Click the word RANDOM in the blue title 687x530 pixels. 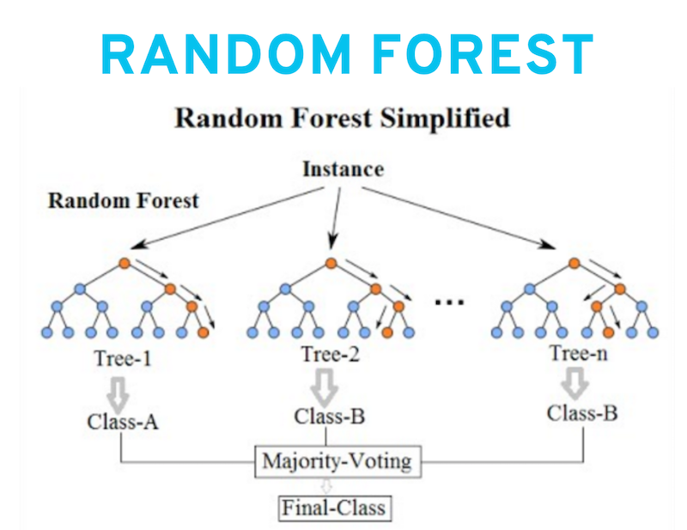coord(226,54)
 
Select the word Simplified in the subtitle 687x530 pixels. coord(445,119)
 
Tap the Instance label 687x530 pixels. coord(343,169)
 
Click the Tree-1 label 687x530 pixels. coord(123,358)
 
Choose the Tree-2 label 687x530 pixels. coord(331,354)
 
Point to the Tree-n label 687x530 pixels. coord(579,353)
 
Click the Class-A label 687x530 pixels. coord(123,422)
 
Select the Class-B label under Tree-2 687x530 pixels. coord(330,417)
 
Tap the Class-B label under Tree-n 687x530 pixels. coord(582,413)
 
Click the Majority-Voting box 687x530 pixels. coord(337,461)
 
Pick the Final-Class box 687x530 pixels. coord(334,508)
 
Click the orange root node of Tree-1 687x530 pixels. coord(125,264)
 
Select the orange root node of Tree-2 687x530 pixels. coord(331,263)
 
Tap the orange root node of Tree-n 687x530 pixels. coord(575,263)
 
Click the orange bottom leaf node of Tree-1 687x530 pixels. coord(203,332)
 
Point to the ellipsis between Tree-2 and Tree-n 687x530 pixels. coord(449,302)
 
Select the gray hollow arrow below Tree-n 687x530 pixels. coord(575,384)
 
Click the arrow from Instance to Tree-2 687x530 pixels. coord(336,218)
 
